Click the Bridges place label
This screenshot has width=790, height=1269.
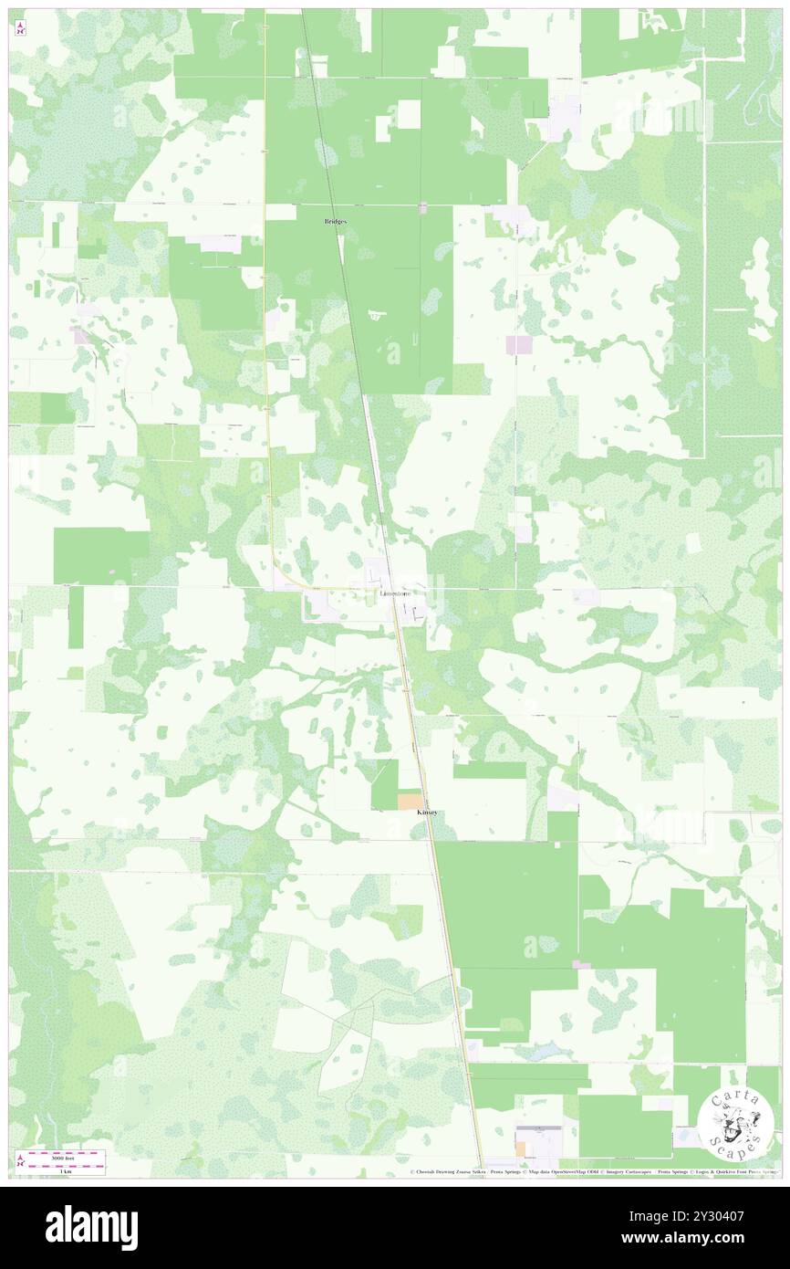(x=336, y=222)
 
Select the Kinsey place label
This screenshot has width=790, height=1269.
(x=427, y=812)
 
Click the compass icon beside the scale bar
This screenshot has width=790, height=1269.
(x=20, y=1160)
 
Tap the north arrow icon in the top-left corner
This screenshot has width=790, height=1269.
(x=20, y=28)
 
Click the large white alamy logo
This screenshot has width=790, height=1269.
(x=91, y=1227)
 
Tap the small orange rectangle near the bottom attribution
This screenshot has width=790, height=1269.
(x=520, y=1148)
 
